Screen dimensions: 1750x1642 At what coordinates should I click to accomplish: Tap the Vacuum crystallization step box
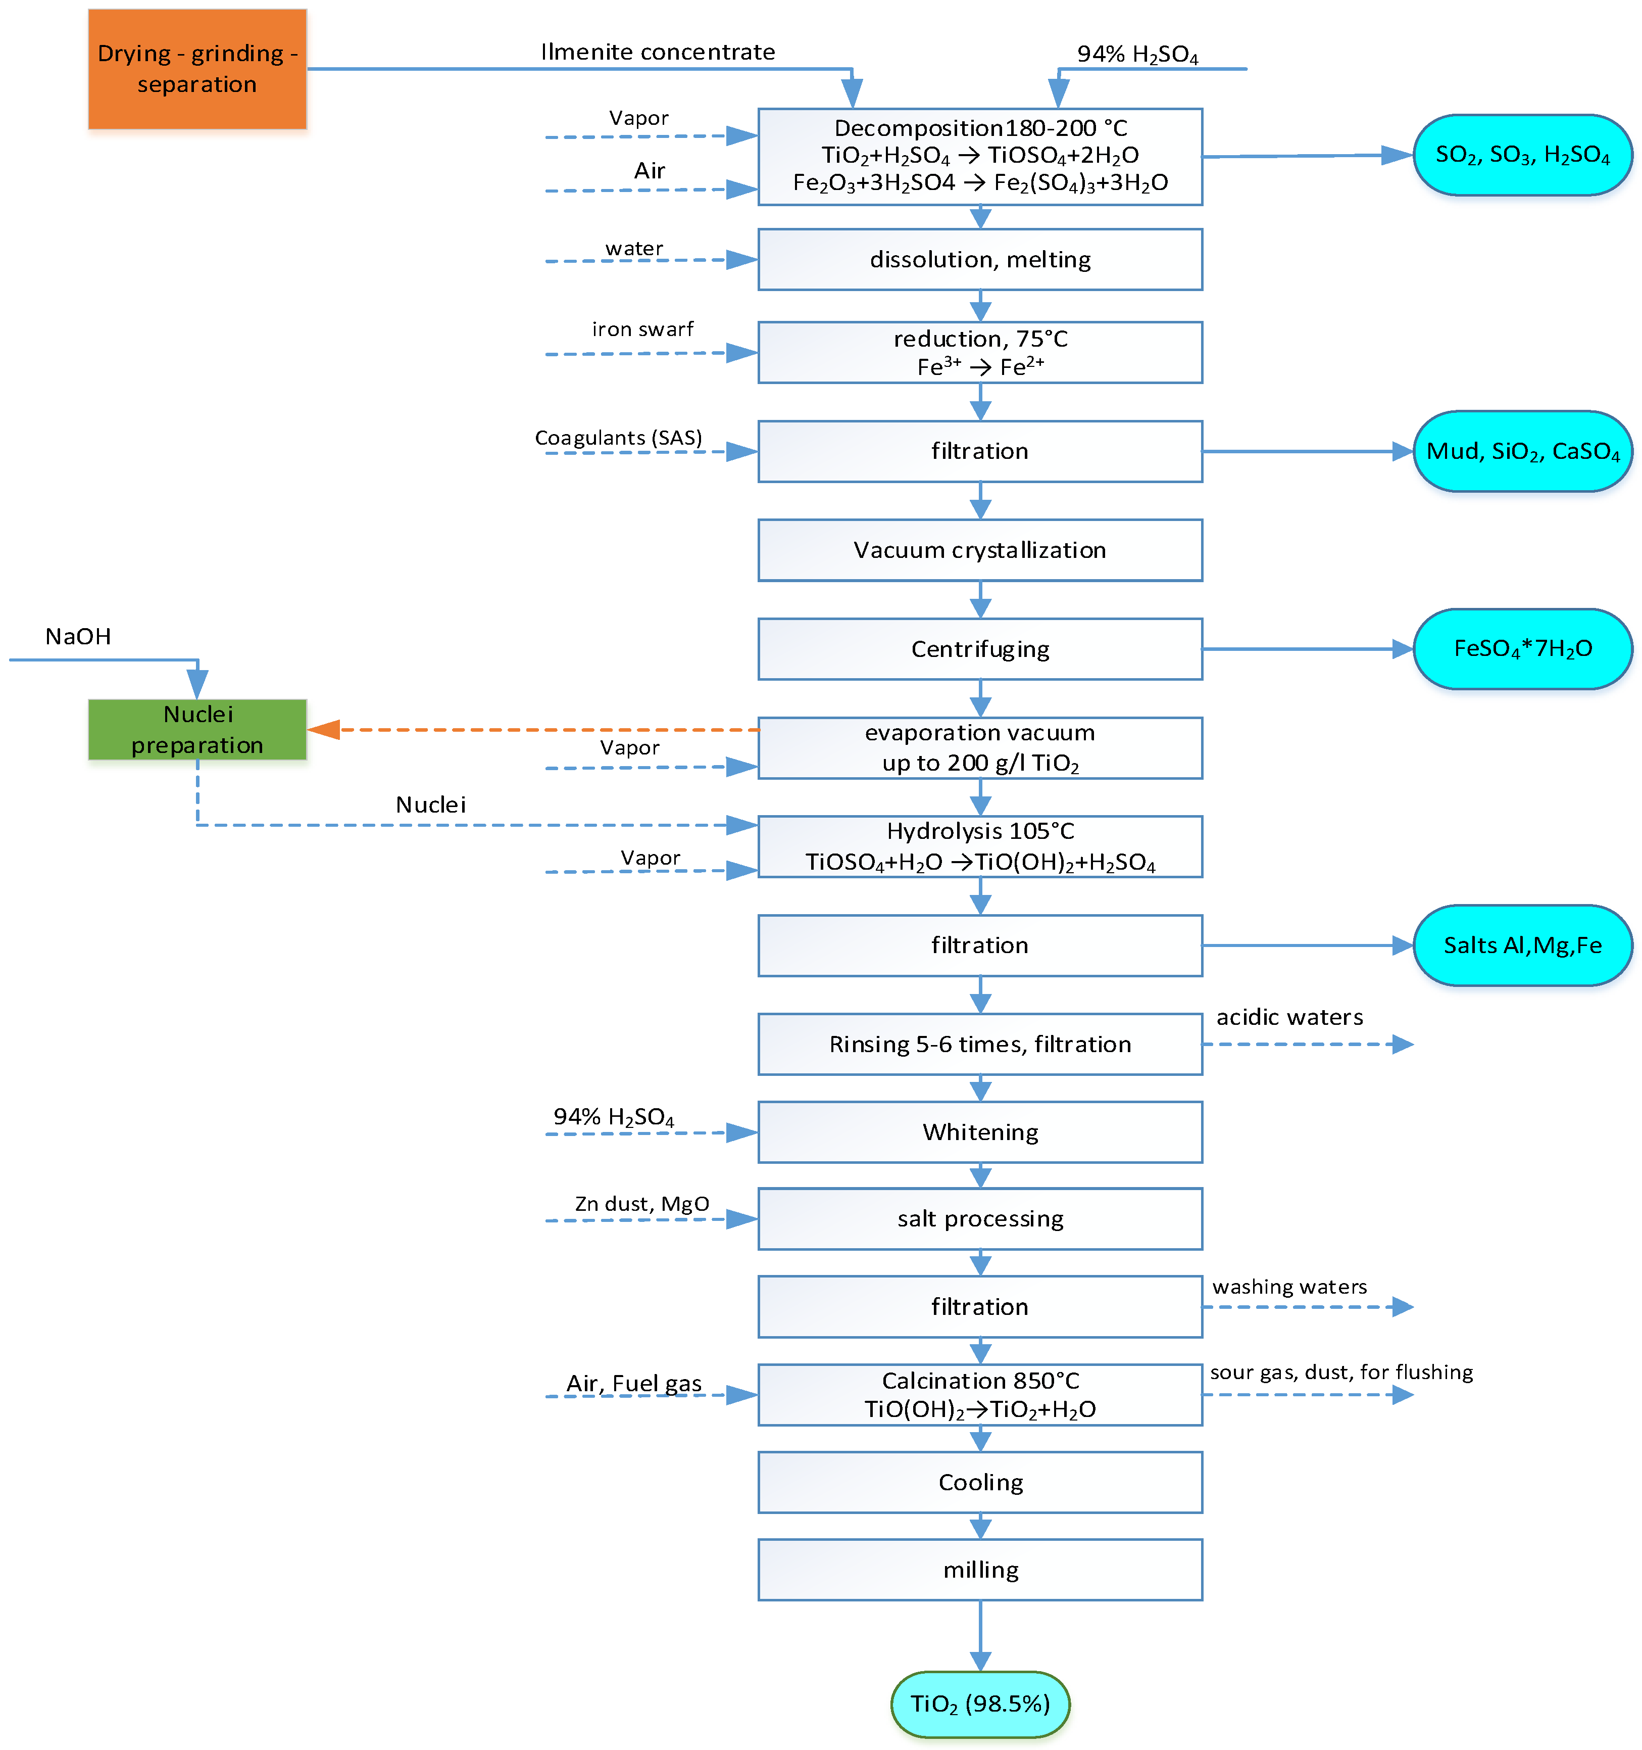(979, 550)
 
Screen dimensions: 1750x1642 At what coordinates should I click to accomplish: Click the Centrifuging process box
(979, 649)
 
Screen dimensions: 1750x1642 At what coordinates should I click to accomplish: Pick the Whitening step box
(979, 1132)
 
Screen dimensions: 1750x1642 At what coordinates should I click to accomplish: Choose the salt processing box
(979, 1219)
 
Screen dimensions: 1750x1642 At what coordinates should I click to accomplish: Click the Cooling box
(979, 1482)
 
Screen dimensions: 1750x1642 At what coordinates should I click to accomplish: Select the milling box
(979, 1570)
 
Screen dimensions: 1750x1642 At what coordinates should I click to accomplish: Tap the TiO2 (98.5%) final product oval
(979, 1704)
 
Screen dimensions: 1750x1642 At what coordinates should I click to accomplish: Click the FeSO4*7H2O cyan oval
(1522, 649)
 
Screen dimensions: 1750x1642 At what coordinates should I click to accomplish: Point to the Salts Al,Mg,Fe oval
(1522, 945)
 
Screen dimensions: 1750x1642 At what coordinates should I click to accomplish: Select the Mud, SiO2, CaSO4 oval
(1522, 452)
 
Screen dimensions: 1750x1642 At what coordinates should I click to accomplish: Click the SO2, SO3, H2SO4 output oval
(1522, 155)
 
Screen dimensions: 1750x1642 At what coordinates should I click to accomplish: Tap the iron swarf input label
(642, 329)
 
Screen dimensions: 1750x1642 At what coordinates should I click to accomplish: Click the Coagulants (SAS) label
(619, 438)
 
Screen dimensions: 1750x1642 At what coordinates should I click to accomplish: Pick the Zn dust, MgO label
(641, 1203)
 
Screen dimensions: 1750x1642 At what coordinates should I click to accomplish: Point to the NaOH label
(78, 636)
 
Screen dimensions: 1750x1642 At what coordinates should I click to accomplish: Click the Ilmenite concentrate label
(657, 52)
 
